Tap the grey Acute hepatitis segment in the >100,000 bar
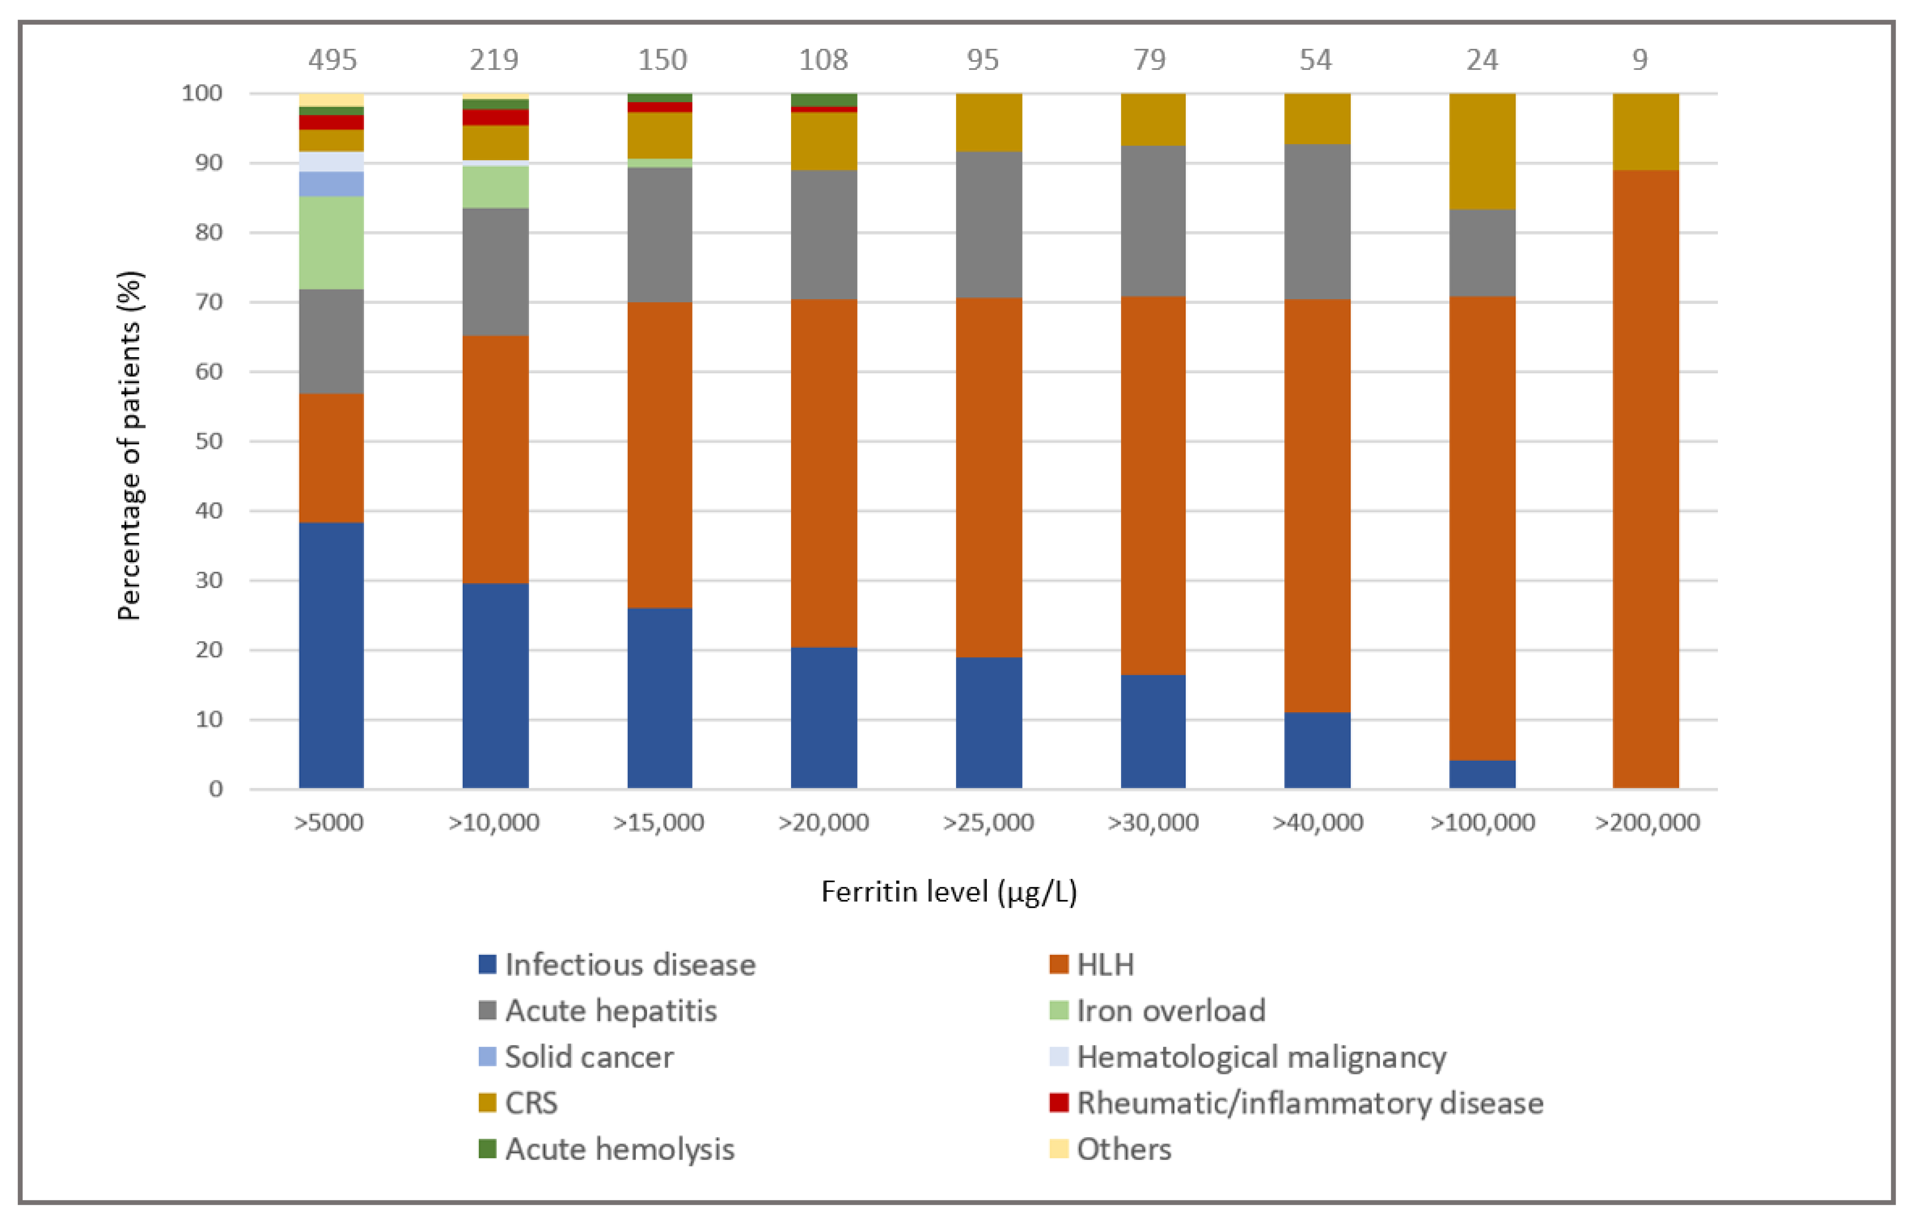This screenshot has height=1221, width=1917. [x=1482, y=253]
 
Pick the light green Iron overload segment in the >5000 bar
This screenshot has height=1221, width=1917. [x=331, y=243]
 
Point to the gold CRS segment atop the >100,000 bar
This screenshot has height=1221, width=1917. [x=1482, y=152]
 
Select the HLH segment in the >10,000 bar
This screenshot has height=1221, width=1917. [x=495, y=459]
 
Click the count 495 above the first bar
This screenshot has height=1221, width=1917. [x=333, y=60]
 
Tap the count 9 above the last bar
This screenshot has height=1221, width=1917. [x=1640, y=60]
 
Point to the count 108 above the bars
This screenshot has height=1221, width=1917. [x=823, y=60]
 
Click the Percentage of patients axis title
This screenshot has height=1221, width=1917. [x=129, y=446]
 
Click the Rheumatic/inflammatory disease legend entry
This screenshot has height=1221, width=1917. [x=1297, y=1103]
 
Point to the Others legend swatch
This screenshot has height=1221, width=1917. [x=1059, y=1149]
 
